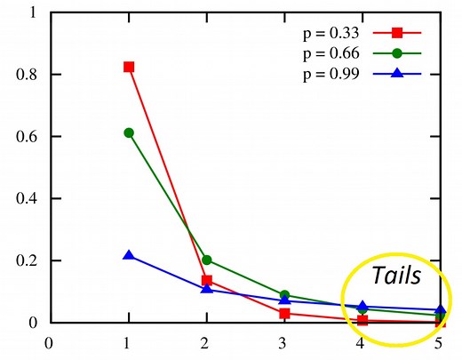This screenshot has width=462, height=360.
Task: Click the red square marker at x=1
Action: click(129, 67)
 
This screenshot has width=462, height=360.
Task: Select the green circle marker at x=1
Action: click(129, 132)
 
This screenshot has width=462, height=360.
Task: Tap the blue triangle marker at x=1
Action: click(129, 255)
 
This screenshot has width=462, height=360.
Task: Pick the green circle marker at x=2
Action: click(207, 260)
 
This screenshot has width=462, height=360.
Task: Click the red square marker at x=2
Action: click(207, 280)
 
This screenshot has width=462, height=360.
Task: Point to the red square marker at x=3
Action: click(284, 313)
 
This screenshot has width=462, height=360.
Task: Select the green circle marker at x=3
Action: click(284, 295)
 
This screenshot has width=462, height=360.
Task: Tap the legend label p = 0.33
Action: click(326, 33)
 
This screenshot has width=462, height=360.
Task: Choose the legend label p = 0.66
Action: click(326, 53)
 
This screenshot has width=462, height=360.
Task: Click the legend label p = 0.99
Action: click(326, 74)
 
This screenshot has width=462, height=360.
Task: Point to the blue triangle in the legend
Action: click(397, 73)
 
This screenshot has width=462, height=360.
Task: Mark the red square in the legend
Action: click(397, 33)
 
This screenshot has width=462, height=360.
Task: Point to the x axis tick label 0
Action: click(50, 341)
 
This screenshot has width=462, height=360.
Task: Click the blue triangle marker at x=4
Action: click(362, 306)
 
